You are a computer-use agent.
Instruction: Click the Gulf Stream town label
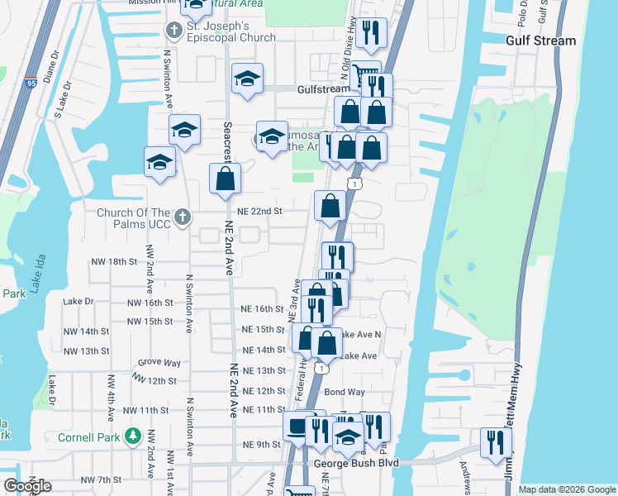point(541,41)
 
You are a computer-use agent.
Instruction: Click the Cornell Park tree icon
point(132,436)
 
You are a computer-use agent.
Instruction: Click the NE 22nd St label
point(260,212)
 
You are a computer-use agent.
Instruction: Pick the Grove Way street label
point(159,362)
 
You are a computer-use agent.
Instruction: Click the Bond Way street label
point(345,392)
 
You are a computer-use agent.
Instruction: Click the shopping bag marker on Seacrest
point(225,179)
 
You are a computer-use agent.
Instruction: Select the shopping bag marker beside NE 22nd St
point(330,206)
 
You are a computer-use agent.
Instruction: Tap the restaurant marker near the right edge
point(496,441)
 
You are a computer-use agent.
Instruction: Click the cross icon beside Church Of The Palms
point(183,218)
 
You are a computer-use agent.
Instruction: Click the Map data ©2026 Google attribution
point(566,489)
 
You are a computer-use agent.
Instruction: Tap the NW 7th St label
point(102,480)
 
